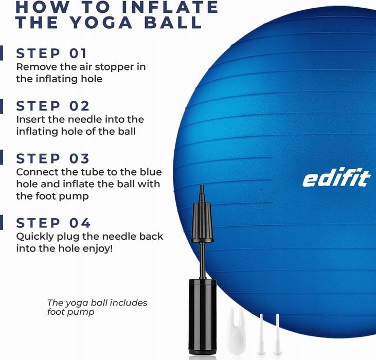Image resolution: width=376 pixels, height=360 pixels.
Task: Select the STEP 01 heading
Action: pyautogui.click(x=52, y=53)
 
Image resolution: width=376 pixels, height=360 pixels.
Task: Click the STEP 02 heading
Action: pyautogui.click(x=53, y=106)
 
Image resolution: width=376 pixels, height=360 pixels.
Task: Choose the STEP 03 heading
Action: pyautogui.click(x=53, y=158)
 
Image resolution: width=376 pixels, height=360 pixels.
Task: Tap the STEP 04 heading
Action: pyautogui.click(x=53, y=223)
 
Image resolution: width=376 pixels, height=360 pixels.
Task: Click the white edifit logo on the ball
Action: pyautogui.click(x=336, y=178)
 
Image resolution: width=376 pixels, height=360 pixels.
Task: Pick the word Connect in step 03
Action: pyautogui.click(x=35, y=172)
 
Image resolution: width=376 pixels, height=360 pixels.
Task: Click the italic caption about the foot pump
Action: pyautogui.click(x=97, y=307)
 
